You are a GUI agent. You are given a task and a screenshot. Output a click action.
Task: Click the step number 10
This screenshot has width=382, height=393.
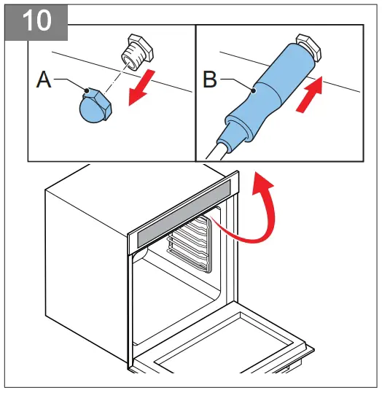[35, 20]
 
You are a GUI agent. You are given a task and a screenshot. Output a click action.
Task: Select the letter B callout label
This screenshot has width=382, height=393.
[210, 81]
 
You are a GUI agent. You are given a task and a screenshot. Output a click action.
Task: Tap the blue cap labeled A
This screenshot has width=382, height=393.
[95, 106]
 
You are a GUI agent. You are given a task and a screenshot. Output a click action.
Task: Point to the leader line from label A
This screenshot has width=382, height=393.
[69, 82]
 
